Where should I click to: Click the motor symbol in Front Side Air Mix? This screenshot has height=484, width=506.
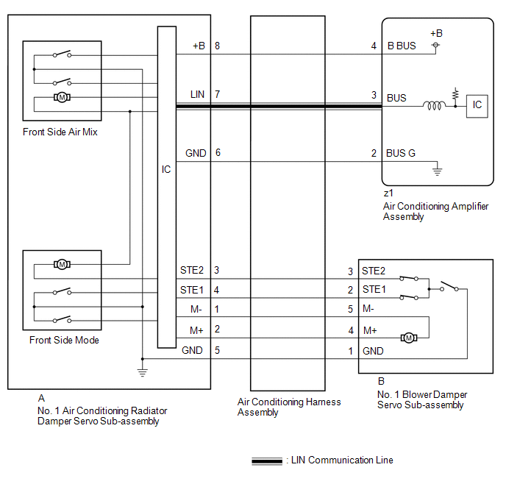(x=62, y=97)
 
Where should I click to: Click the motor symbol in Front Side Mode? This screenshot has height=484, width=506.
(x=62, y=265)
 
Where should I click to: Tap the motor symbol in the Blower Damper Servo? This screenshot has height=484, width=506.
(x=409, y=338)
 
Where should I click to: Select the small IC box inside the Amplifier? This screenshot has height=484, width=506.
(x=477, y=106)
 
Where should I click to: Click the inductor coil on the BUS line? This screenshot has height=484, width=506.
(x=435, y=105)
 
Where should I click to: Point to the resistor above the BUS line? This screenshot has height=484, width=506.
(x=455, y=95)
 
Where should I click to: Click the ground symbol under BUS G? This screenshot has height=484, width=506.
(x=438, y=171)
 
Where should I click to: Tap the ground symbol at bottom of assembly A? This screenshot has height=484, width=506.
(x=143, y=372)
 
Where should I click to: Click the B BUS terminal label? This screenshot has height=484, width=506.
(x=402, y=46)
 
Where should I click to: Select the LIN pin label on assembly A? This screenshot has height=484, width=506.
(x=197, y=94)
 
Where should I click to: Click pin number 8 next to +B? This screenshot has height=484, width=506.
(x=217, y=46)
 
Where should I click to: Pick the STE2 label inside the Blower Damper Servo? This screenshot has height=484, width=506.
(x=374, y=271)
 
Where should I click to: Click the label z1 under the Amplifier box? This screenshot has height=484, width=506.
(x=388, y=193)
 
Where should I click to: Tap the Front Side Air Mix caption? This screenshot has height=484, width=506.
(x=60, y=132)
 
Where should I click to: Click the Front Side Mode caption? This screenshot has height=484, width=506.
(x=64, y=340)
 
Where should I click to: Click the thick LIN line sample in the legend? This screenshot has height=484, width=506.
(x=267, y=461)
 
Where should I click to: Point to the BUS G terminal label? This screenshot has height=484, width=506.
(x=401, y=153)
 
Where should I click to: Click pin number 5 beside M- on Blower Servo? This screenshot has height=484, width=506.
(x=351, y=309)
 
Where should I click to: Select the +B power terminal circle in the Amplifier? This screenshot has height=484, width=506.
(x=435, y=45)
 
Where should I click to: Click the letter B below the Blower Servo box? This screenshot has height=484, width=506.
(x=381, y=381)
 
